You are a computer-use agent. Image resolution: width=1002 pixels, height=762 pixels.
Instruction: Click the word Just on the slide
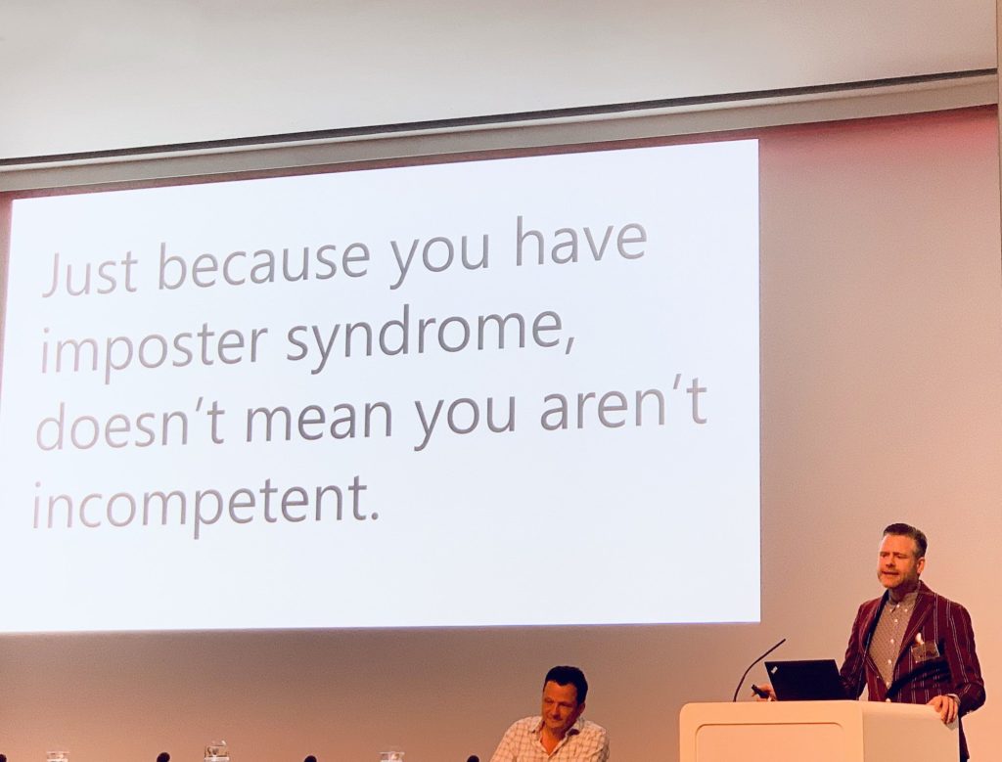91,273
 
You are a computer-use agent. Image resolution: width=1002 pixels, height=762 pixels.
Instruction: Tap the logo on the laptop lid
774,669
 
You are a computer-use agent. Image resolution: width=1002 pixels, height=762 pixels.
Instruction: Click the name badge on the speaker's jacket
924,650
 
